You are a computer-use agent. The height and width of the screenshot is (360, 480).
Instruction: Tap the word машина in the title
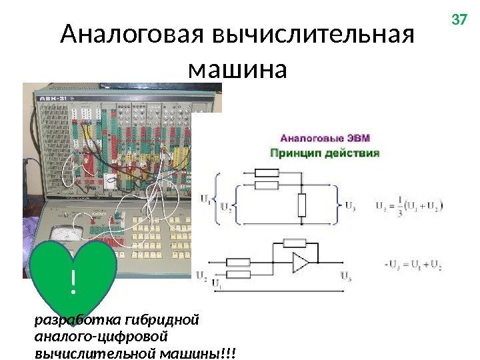237,68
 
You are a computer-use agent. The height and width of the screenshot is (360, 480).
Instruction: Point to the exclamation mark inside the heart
73,284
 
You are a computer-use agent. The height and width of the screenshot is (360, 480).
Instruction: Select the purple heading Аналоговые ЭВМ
325,139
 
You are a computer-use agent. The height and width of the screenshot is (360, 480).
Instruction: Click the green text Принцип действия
324,153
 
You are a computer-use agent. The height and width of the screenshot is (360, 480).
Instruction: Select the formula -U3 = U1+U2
411,265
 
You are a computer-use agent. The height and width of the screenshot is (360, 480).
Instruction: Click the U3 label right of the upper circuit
349,205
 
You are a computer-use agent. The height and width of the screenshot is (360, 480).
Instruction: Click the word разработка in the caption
64,319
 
